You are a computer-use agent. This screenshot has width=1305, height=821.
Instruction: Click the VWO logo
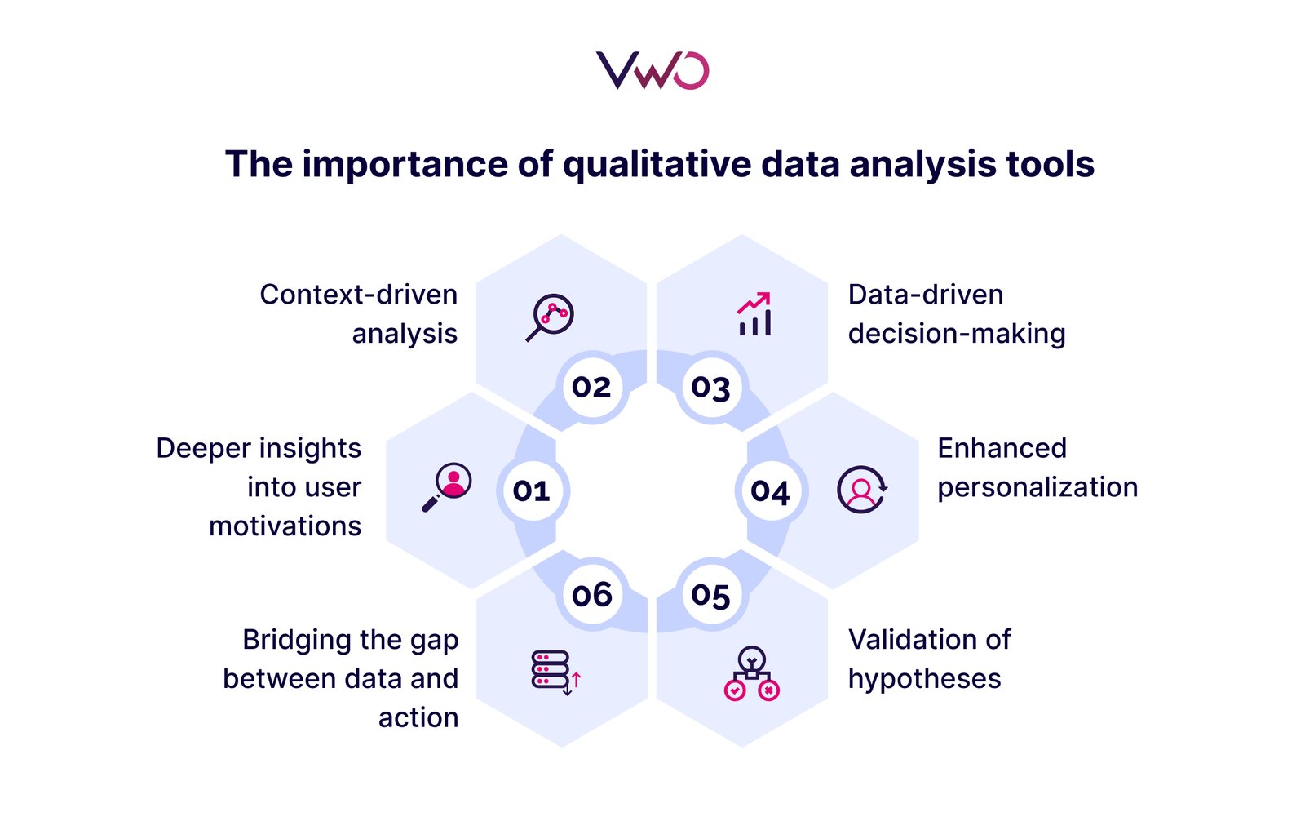click(652, 70)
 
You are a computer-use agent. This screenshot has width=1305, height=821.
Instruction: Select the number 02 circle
click(592, 387)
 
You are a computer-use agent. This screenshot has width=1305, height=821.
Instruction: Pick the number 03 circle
click(710, 387)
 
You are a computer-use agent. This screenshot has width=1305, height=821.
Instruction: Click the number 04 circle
click(770, 490)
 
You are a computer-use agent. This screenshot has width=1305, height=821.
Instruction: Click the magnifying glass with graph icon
click(550, 317)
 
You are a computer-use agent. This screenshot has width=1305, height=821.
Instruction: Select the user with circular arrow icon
click(862, 490)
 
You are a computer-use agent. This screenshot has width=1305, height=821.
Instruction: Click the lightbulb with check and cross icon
click(751, 673)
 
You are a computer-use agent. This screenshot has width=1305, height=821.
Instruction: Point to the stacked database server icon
click(555, 673)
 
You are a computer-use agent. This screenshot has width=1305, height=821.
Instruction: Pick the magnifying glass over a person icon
click(447, 487)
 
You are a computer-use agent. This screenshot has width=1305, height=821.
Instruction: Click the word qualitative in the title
click(657, 165)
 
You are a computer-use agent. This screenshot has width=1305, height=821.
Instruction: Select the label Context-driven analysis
click(358, 314)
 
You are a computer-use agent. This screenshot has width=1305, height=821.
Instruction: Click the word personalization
click(1037, 488)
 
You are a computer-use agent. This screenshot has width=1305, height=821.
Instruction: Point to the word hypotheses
click(925, 679)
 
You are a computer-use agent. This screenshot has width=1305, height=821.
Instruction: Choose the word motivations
click(285, 526)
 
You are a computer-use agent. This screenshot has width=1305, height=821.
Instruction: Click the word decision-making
click(957, 334)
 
